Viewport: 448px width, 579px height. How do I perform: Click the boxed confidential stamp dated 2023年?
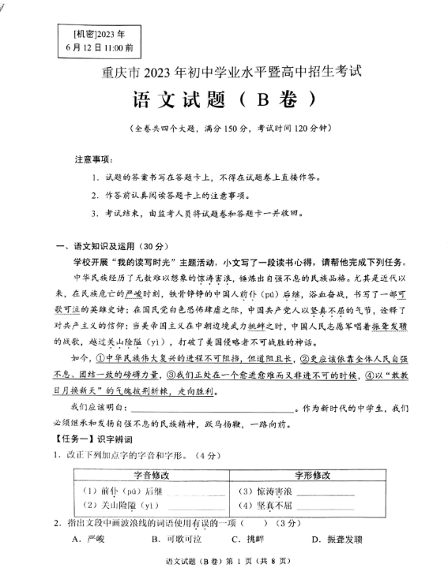pyautogui.click(x=100, y=39)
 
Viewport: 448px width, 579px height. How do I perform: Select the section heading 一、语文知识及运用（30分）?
pyautogui.click(x=100, y=247)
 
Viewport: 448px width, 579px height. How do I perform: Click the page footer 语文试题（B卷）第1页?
pyautogui.click(x=222, y=561)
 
